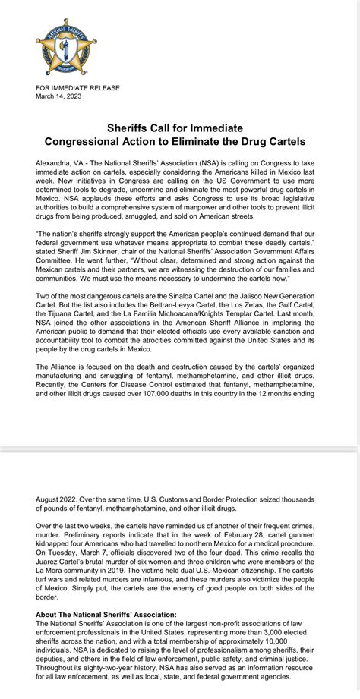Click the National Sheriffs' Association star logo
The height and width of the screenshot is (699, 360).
67,47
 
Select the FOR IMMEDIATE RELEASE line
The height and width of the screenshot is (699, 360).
77,88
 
